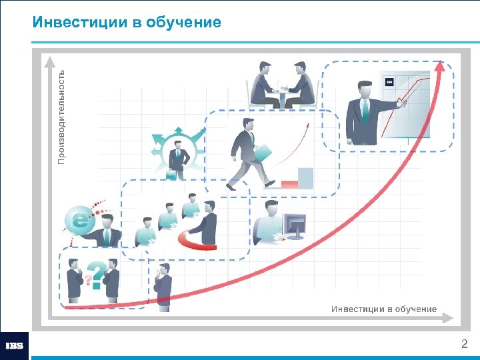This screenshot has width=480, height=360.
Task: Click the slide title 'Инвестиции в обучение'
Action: tap(127, 23)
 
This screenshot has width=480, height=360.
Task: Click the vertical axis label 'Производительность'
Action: tap(61, 117)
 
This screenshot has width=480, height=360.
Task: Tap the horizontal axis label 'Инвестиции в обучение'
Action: tap(384, 309)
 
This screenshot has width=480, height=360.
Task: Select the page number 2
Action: tap(465, 344)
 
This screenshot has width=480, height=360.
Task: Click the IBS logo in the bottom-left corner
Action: tap(14, 346)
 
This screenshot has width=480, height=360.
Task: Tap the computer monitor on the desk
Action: tap(294, 225)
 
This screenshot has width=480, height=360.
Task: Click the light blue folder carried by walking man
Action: tap(262, 153)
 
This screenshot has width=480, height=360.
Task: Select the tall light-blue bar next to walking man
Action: tap(305, 178)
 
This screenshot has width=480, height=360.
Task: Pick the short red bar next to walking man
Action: tap(289, 184)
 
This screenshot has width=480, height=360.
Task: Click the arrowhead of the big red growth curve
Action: tap(439, 67)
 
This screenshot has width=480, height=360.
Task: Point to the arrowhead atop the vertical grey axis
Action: tap(50, 61)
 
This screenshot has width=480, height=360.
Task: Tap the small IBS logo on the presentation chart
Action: tap(390, 81)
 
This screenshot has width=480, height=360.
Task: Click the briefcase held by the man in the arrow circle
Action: tap(171, 174)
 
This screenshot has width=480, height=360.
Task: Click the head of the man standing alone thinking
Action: tap(163, 268)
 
